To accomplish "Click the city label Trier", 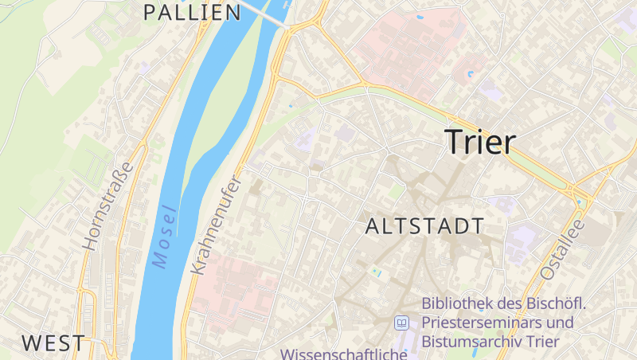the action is coord(480,141).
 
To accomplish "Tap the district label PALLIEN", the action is coord(192,12).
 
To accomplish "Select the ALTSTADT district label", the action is coord(424,225).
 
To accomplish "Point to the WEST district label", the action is coord(53,343).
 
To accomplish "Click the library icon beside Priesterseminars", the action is coord(402,323).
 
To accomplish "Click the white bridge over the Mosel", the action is coord(267,13).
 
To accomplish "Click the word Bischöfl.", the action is coord(556,303).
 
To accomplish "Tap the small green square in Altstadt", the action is coord(396,192).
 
